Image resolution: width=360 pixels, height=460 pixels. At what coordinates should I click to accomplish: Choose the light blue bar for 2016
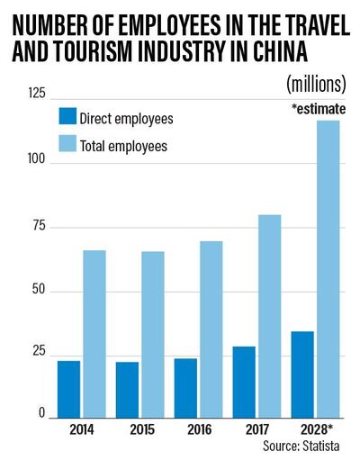coord(211,329)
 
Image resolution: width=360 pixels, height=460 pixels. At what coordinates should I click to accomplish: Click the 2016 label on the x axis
coord(199,430)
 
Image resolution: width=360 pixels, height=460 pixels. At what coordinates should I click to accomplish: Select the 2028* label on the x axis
coord(318,430)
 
